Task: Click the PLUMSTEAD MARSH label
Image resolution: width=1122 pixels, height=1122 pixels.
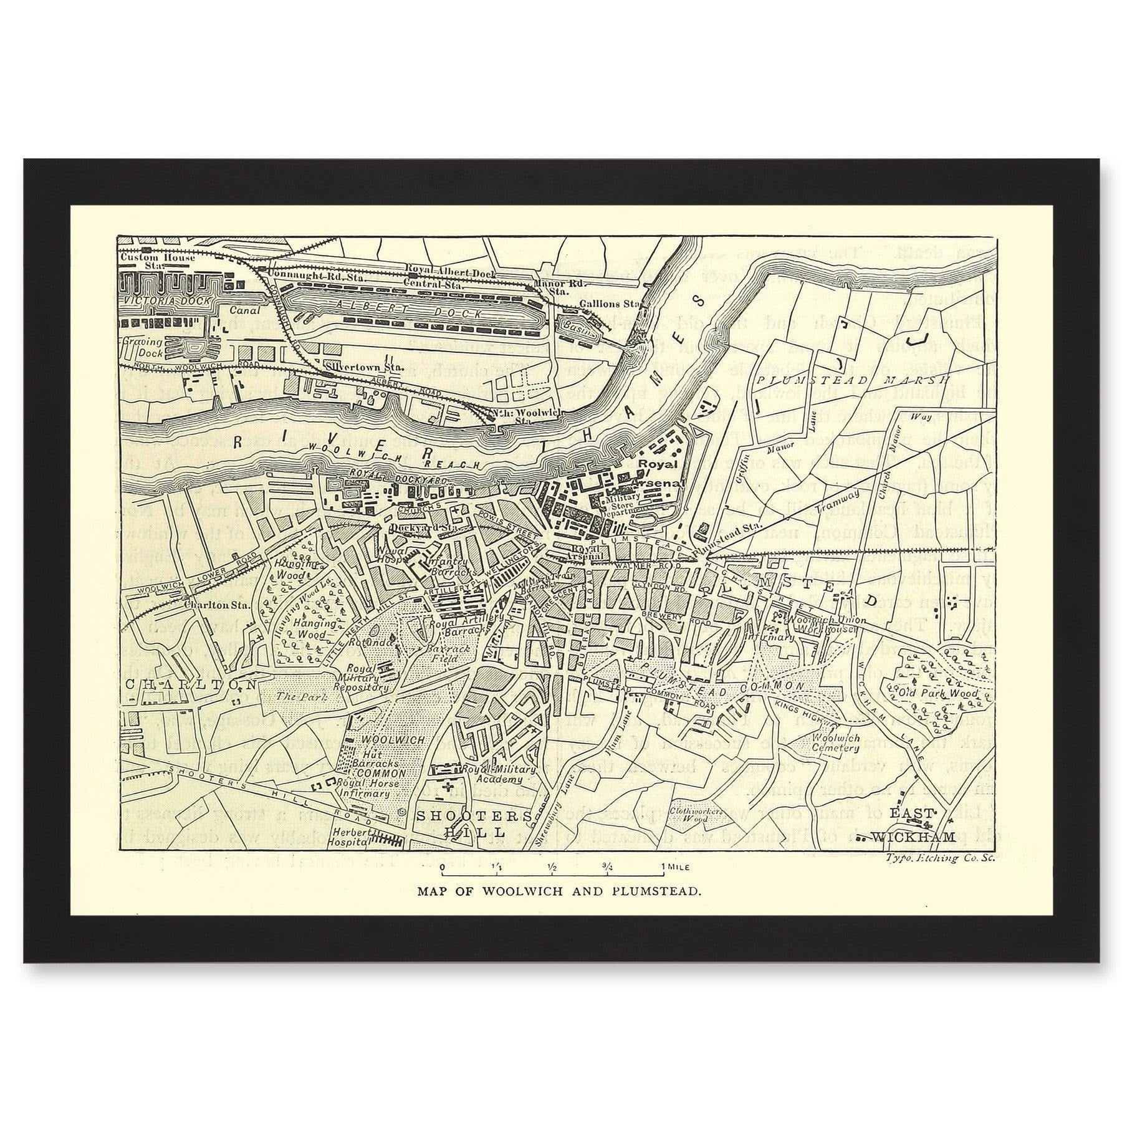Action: coord(851,380)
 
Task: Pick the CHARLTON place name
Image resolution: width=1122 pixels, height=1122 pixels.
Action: coord(191,684)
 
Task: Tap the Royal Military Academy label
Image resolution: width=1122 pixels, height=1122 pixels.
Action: coord(504,775)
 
